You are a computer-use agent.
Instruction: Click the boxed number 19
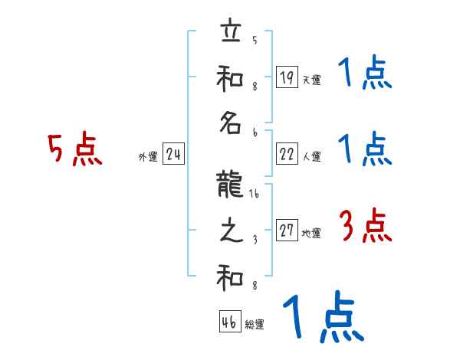click(x=287, y=77)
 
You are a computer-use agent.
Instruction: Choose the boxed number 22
click(x=287, y=154)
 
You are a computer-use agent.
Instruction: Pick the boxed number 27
click(x=287, y=231)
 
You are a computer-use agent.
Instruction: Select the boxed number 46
click(x=228, y=322)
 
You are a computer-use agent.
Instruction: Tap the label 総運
click(x=254, y=325)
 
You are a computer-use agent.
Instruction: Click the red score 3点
click(x=366, y=226)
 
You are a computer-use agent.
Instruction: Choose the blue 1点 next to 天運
click(x=364, y=73)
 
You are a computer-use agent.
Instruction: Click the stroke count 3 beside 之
click(x=254, y=239)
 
